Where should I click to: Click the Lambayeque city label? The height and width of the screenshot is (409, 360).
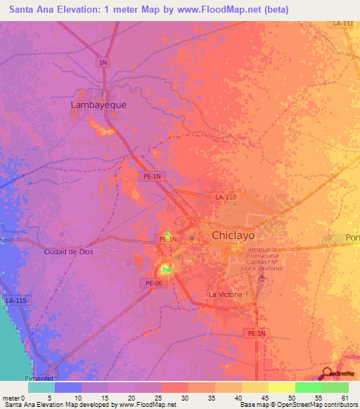(x=98, y=105)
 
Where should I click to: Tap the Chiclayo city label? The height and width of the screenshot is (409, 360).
(x=233, y=235)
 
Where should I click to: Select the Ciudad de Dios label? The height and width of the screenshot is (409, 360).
(x=68, y=252)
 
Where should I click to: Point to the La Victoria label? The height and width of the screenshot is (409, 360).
(x=226, y=294)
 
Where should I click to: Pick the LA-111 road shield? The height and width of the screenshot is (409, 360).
(x=343, y=24)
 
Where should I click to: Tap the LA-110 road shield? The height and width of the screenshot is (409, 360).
(x=226, y=197)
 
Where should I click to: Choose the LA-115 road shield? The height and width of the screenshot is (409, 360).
(x=15, y=301)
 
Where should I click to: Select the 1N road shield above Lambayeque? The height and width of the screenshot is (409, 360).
(x=103, y=63)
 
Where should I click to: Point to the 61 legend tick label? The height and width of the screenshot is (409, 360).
(x=344, y=398)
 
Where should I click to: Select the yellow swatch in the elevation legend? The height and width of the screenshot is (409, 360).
(x=281, y=387)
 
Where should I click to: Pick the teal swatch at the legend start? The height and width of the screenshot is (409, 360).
(x=41, y=387)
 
